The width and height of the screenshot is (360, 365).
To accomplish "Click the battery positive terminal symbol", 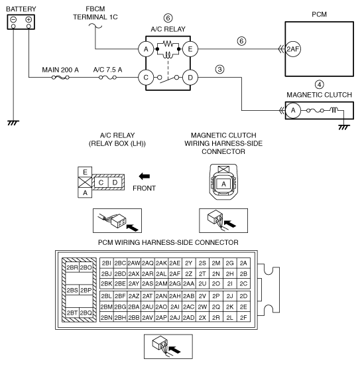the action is (x=29, y=19).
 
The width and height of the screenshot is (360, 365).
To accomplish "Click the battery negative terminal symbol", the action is (x=13, y=19).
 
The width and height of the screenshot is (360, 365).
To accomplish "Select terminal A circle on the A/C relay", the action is (x=146, y=49).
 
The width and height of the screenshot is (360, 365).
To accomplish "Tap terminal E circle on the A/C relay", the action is (x=190, y=49).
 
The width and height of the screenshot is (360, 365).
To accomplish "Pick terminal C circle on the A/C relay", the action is (x=146, y=78).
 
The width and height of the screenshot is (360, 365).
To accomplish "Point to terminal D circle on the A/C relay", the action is (x=190, y=78).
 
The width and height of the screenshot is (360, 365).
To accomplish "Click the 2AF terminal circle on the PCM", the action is (x=293, y=49).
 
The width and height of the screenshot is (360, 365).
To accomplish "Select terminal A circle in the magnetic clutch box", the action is (x=293, y=110).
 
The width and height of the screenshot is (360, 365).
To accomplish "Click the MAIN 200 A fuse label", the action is (x=60, y=70).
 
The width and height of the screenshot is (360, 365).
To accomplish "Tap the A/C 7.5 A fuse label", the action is (x=107, y=70).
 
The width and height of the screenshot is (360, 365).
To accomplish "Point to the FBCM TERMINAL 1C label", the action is (x=95, y=13).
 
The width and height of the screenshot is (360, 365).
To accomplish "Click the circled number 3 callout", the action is (x=219, y=70).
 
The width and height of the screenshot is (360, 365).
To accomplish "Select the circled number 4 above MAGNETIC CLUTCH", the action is (x=320, y=84).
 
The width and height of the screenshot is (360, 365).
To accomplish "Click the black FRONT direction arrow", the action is (x=144, y=177).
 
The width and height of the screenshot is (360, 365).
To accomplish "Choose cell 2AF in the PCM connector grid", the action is (x=175, y=273).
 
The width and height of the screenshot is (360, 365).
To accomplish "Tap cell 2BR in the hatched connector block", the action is (x=72, y=267).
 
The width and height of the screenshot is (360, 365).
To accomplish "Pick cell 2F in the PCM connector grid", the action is (x=243, y=317).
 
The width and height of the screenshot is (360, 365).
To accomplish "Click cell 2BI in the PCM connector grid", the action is (x=107, y=263).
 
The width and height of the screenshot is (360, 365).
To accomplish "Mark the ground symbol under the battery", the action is (x=13, y=123).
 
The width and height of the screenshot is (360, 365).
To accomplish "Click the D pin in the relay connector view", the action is (x=115, y=183).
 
